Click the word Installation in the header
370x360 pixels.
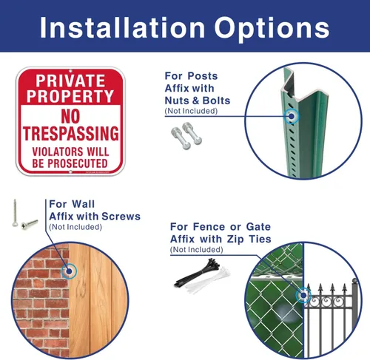123,27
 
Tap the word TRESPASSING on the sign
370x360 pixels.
71,133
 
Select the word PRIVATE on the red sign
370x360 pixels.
70,81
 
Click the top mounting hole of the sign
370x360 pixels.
70,71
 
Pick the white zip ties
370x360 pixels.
208,279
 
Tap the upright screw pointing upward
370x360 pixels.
15,213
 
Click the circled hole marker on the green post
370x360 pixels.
292,116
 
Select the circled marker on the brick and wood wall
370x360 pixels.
69,271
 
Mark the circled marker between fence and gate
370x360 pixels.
303,295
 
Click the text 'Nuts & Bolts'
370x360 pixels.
198,101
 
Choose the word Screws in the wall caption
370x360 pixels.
121,217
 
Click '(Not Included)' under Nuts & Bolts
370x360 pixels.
191,111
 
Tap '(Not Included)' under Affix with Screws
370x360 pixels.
75,227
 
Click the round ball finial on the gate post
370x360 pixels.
354,281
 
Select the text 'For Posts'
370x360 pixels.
191,76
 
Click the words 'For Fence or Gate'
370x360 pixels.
221,227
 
